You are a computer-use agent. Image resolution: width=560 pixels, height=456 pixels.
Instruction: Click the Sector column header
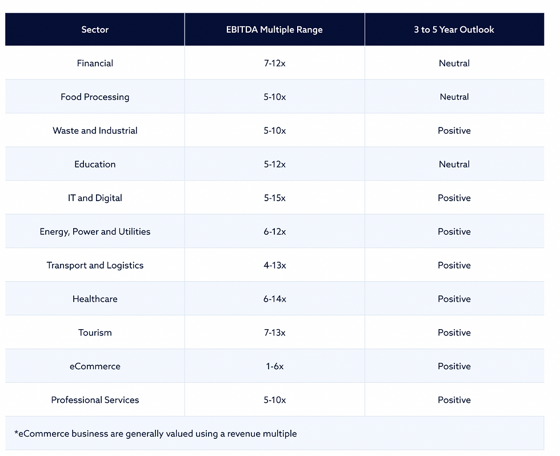pos(95,30)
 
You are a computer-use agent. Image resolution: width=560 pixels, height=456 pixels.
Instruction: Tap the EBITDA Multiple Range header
pos(274,30)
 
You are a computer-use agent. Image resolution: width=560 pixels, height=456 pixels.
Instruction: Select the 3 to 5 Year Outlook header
pos(454,30)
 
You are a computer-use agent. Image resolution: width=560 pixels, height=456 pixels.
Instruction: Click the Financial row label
pos(95,63)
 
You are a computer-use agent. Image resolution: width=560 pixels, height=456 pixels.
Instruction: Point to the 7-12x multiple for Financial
pos(274,63)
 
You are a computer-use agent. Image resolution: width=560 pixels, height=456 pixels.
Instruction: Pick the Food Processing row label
pos(95,97)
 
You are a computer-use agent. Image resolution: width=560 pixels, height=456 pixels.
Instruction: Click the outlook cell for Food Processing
pos(454,97)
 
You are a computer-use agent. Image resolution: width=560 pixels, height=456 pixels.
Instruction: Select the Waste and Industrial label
pos(95,131)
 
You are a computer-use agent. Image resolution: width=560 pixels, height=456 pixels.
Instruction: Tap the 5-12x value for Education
pos(274,165)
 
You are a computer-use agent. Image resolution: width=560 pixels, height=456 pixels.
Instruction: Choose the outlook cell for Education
pos(454,165)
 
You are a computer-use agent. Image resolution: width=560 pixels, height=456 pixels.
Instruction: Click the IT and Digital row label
pos(95,198)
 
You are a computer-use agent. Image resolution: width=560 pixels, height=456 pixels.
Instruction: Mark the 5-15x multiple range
pos(274,198)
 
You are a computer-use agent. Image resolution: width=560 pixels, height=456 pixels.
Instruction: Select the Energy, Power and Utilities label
pos(95,232)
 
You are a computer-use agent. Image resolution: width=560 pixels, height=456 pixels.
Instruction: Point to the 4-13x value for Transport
pos(274,266)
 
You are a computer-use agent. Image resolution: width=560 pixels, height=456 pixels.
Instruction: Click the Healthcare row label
pos(95,299)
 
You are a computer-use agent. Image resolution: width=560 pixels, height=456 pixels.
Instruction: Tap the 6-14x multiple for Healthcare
pos(274,299)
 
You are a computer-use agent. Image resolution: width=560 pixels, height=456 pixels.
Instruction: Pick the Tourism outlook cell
pos(454,333)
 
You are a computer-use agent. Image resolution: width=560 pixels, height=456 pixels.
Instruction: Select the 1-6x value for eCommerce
pos(274,367)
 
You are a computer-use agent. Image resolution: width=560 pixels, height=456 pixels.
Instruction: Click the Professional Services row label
pos(95,401)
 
